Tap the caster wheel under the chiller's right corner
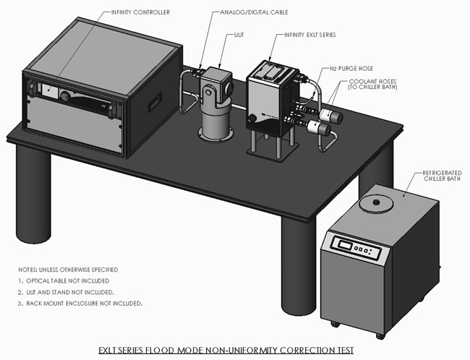tap(380, 335)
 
